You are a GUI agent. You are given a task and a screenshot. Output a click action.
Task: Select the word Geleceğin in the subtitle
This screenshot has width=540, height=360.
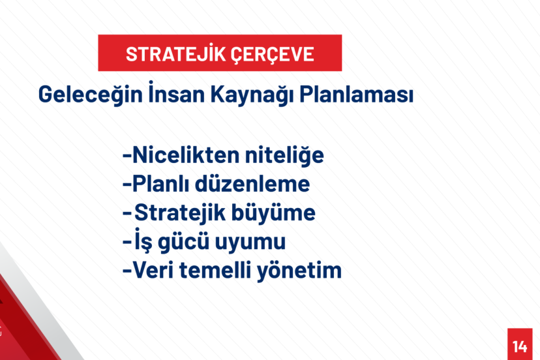90,95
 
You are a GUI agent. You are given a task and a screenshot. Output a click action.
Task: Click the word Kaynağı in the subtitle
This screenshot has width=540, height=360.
252,95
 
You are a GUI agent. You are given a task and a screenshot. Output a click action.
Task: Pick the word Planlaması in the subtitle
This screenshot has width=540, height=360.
357,94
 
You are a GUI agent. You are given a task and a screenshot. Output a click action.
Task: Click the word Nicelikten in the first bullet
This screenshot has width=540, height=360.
186,155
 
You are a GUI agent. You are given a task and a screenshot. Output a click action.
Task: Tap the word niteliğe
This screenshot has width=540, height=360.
284,156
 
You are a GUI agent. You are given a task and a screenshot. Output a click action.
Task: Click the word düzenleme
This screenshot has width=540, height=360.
252,184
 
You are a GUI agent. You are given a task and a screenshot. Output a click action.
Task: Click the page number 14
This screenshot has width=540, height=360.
520,346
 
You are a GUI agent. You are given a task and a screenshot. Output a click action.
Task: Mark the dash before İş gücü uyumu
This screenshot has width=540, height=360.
127,242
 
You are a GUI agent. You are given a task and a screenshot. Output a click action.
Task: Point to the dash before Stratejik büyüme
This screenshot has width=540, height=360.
127,213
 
